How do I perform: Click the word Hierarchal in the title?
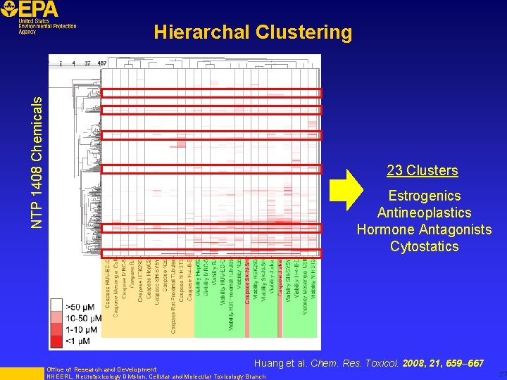pos(201,32)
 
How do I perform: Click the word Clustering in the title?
pos(304,32)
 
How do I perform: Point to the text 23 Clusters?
pos(423,170)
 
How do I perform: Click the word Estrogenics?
pos(424,196)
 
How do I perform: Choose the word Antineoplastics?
pos(424,213)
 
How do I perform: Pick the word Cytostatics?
pos(424,246)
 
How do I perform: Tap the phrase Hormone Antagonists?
pos(424,229)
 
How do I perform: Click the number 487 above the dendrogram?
pos(102,63)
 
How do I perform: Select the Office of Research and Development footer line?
pos(101,369)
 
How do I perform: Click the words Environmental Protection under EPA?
pos(48,26)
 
